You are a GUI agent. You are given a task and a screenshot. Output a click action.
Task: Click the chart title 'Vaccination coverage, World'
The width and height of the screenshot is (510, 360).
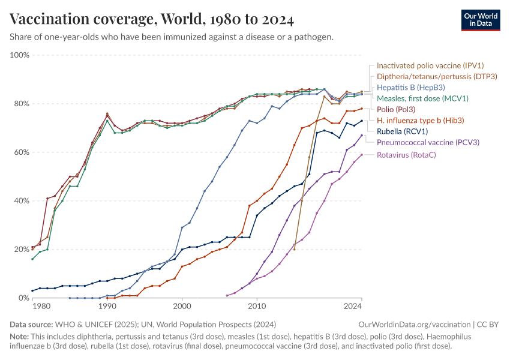tap(152, 20)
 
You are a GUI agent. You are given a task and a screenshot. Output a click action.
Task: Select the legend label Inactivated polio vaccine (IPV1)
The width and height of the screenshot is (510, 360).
tap(430, 65)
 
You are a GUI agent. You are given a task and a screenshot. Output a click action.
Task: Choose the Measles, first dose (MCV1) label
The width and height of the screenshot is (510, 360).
tap(422, 98)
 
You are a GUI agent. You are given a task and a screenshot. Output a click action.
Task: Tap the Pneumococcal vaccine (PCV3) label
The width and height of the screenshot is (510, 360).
tap(427, 142)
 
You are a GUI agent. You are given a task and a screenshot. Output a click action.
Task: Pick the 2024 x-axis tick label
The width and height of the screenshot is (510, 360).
tap(353, 307)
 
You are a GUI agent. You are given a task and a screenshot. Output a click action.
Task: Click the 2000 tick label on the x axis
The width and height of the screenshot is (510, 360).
tap(182, 307)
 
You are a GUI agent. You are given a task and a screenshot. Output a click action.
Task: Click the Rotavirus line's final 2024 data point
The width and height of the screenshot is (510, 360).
tap(362, 155)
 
